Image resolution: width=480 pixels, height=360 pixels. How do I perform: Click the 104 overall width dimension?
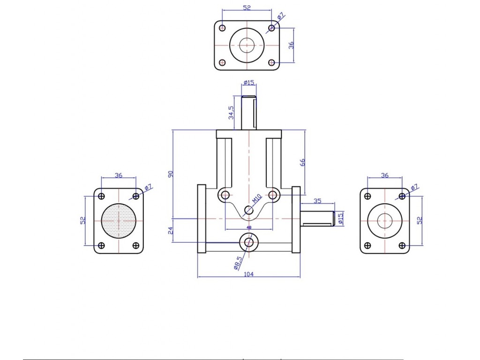(x=248, y=274)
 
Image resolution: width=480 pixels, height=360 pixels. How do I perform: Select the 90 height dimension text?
(x=171, y=174)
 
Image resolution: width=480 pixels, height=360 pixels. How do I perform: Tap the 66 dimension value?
(x=302, y=162)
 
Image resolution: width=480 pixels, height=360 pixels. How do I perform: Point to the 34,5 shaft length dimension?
(x=231, y=112)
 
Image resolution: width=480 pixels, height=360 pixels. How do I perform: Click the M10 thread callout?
(x=257, y=198)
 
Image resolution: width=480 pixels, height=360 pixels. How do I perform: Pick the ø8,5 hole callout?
(x=238, y=263)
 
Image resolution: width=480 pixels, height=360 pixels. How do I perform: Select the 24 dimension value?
(x=171, y=230)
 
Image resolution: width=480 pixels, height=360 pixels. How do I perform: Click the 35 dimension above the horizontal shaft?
(x=317, y=201)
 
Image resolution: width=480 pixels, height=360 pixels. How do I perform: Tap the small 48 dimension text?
(x=249, y=227)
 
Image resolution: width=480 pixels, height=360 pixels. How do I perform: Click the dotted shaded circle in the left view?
(x=119, y=220)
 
